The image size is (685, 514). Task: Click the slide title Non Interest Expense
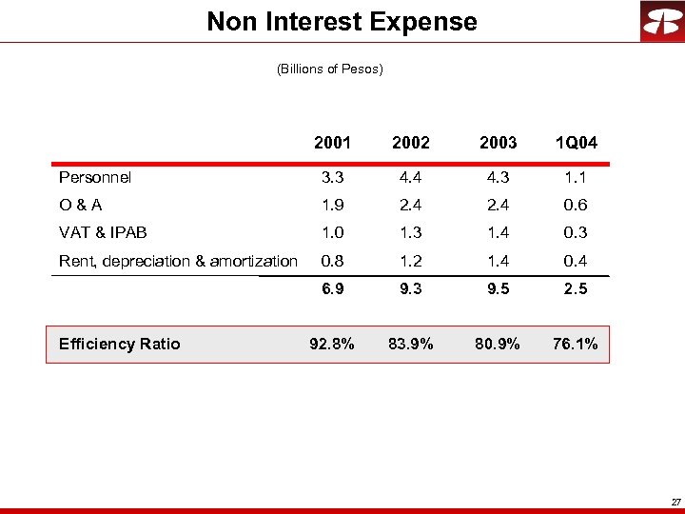click(x=342, y=21)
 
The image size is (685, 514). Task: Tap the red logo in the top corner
click(x=661, y=22)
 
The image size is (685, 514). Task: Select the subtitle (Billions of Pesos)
click(x=329, y=69)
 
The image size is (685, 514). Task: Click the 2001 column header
click(x=333, y=143)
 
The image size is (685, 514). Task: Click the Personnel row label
click(x=95, y=177)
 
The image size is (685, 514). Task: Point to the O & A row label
click(x=82, y=205)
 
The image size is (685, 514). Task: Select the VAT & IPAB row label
click(x=103, y=232)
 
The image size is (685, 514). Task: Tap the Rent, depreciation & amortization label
click(x=178, y=261)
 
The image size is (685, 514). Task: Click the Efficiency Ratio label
click(x=119, y=344)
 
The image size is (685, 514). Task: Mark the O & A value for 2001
click(x=333, y=205)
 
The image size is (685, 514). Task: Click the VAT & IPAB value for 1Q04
click(x=575, y=232)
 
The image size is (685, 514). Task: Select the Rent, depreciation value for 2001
click(x=333, y=261)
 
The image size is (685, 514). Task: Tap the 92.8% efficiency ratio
click(x=333, y=344)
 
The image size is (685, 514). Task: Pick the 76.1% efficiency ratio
click(x=575, y=344)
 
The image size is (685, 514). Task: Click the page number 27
click(x=675, y=501)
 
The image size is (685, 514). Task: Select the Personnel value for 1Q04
click(x=575, y=177)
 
